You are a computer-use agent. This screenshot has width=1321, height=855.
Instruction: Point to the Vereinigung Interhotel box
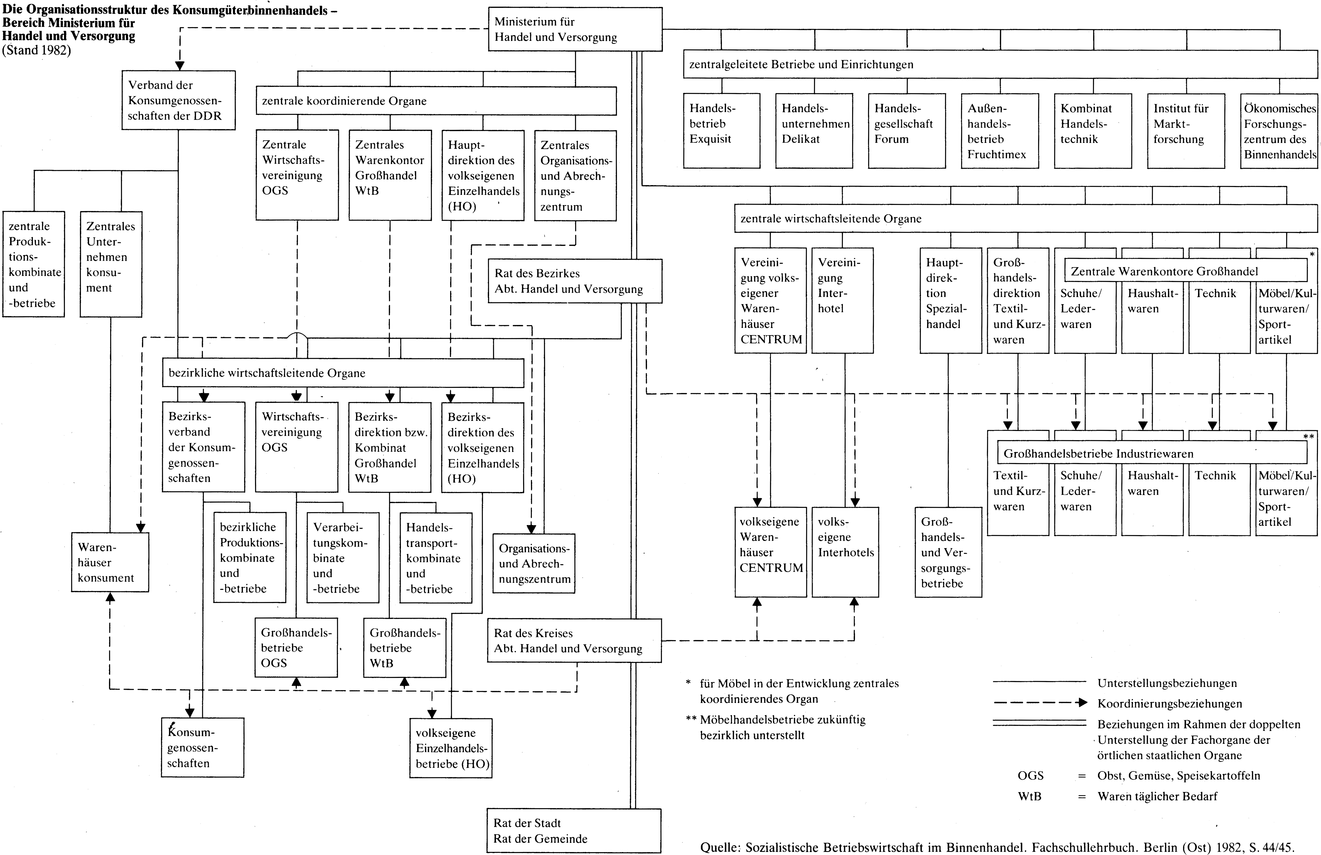click(x=843, y=300)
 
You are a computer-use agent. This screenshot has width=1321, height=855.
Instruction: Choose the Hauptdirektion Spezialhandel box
click(x=951, y=300)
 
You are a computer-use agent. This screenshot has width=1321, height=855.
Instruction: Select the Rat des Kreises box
click(x=574, y=641)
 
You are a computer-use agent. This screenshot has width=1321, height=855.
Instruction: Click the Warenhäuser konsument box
click(x=110, y=562)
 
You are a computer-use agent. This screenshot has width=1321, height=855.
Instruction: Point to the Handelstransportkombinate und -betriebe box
click(x=436, y=558)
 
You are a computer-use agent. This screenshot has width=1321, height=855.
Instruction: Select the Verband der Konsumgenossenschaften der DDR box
click(x=179, y=100)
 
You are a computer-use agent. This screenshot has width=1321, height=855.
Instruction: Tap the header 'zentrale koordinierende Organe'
click(x=344, y=101)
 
